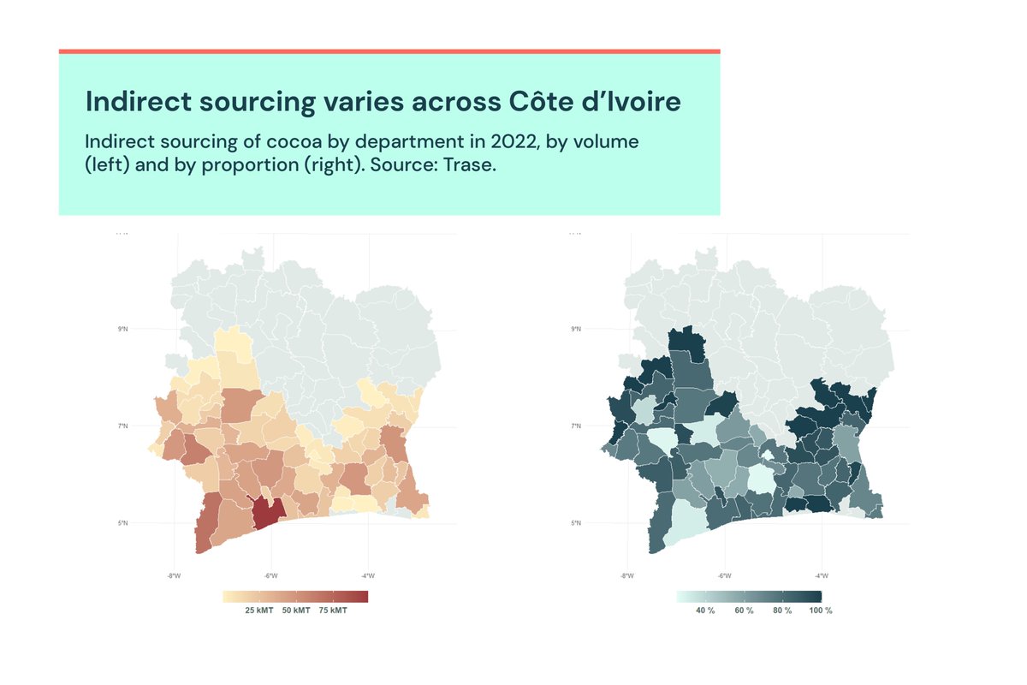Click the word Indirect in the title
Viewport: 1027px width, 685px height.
(x=136, y=102)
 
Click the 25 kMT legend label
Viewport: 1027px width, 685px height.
(x=259, y=611)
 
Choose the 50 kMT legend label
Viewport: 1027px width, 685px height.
(x=296, y=611)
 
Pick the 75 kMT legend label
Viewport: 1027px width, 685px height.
(x=333, y=611)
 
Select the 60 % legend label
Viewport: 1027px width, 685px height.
(x=744, y=611)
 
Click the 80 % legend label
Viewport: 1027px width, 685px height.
(x=781, y=611)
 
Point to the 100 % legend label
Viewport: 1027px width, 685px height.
(x=822, y=611)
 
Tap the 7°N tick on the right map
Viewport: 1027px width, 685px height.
(x=576, y=426)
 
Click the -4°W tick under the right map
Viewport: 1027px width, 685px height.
(x=821, y=575)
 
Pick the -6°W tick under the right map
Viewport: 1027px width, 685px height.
(x=724, y=575)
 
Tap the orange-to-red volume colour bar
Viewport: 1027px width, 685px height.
(x=295, y=596)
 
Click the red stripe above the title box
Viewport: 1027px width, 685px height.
(x=389, y=51)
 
